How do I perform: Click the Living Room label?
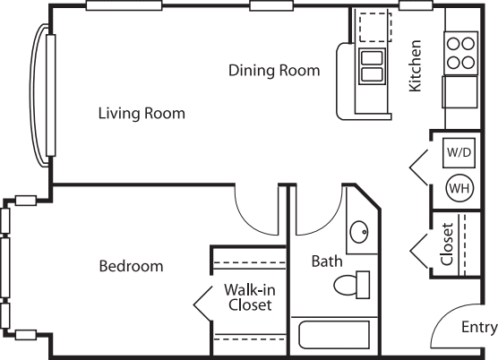pyautogui.click(x=142, y=114)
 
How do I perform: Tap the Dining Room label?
pyautogui.click(x=274, y=70)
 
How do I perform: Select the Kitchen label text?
pyautogui.click(x=415, y=66)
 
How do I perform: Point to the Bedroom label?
pyautogui.click(x=131, y=266)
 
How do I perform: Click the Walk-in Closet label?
pyautogui.click(x=250, y=297)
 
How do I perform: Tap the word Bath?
pyautogui.click(x=327, y=261)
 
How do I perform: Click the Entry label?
pyautogui.click(x=479, y=327)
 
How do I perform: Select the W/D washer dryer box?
pyautogui.click(x=459, y=153)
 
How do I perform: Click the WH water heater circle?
pyautogui.click(x=459, y=188)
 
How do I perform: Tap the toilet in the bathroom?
pyautogui.click(x=352, y=285)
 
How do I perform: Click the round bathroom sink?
pyautogui.click(x=359, y=232)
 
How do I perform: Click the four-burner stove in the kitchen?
pyautogui.click(x=461, y=53)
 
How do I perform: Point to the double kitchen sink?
pyautogui.click(x=372, y=66)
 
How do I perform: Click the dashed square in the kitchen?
pyautogui.click(x=375, y=27)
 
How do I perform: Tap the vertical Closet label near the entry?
pyautogui.click(x=447, y=244)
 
